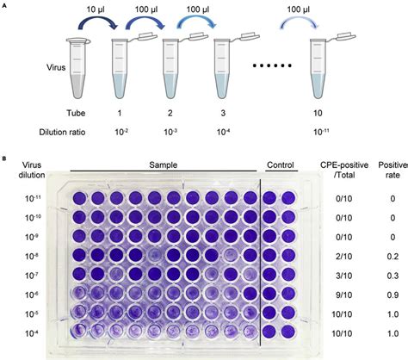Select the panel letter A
7,7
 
